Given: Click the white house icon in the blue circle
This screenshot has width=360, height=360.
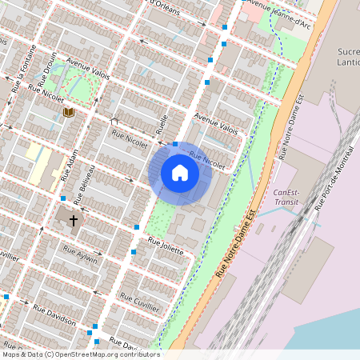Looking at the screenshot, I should tap(180, 173).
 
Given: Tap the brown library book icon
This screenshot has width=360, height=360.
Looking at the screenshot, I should tap(69, 112).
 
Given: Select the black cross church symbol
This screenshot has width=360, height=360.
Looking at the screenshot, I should tap(74, 218).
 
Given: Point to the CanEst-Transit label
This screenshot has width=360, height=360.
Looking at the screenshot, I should tap(286, 197).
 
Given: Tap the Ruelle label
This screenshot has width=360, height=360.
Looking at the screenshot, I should tap(163, 123).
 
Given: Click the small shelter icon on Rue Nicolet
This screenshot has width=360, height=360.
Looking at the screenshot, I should tap(115, 122).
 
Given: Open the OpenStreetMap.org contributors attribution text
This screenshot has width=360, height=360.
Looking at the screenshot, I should tap(81, 354).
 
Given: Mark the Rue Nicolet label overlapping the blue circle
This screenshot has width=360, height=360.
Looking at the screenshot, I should tap(207, 160).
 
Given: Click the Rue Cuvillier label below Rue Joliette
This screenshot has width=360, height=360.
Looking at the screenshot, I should tap(139, 301).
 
